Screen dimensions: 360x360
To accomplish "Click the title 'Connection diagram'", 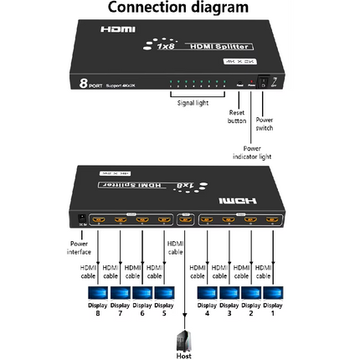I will pyautogui.click(x=179, y=8).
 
